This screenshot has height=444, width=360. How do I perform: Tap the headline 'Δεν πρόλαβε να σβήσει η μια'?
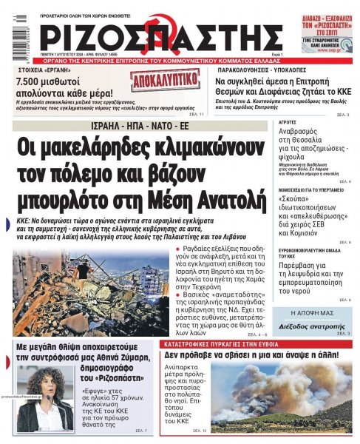pos(251,355)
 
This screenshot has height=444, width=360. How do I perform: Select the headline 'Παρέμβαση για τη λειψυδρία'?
pos(310,274)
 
